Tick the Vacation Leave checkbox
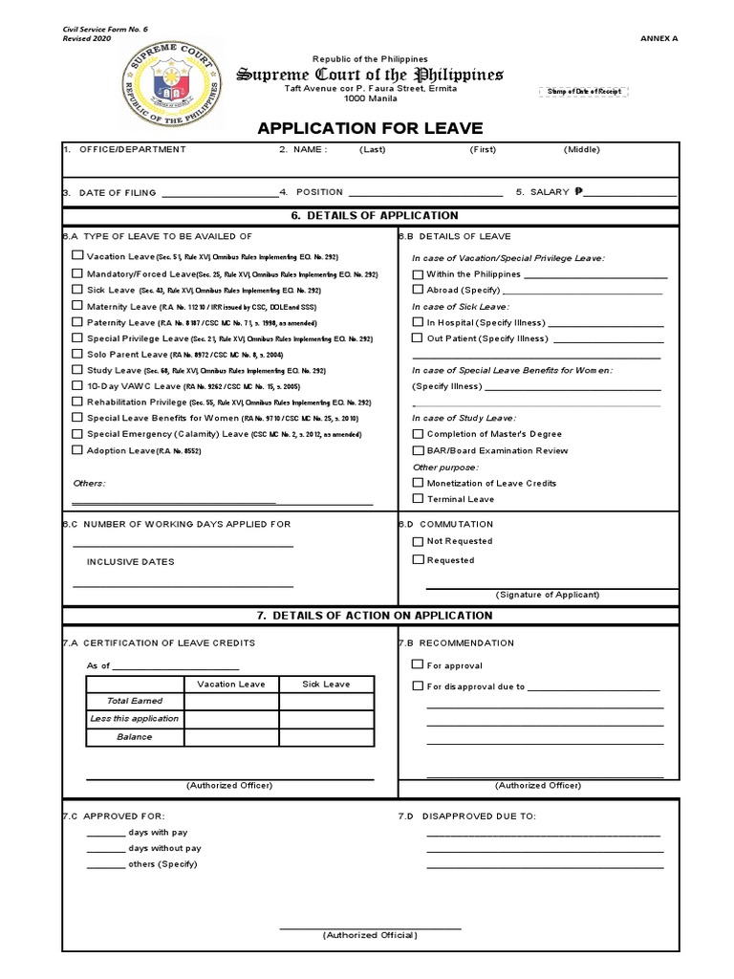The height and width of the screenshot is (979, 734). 77,256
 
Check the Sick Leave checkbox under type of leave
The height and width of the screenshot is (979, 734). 77,289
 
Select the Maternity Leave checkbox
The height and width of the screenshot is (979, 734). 77,305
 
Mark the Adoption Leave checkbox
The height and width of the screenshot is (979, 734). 77,449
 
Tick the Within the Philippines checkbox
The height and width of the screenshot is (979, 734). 418,273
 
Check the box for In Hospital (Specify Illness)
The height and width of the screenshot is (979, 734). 418,322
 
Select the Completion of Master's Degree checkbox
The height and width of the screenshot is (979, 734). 418,433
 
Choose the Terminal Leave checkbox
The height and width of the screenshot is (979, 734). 418,498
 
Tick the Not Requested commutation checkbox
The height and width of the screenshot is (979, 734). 418,541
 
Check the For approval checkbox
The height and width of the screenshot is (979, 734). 418,664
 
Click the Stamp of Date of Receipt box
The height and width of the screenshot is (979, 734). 583,91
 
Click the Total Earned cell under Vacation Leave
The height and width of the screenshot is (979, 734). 231,701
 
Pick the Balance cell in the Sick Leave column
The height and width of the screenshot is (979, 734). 325,737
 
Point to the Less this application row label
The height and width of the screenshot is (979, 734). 134,719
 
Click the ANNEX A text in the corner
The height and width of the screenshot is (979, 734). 657,38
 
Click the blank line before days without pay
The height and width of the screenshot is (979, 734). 104,849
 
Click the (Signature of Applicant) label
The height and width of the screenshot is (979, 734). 548,594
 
